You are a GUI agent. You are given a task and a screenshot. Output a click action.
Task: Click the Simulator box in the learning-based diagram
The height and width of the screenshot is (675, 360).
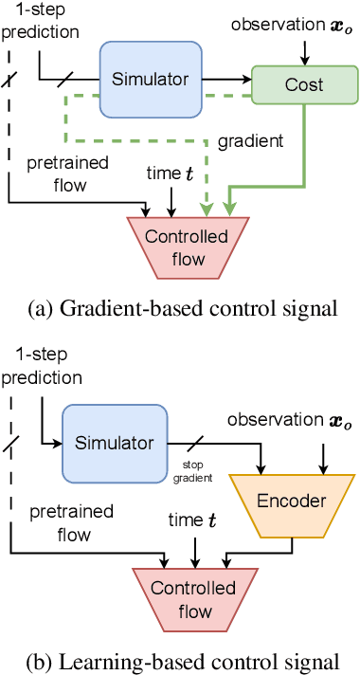(x=113, y=443)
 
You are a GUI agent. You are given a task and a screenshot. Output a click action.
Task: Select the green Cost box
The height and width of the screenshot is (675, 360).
(x=304, y=85)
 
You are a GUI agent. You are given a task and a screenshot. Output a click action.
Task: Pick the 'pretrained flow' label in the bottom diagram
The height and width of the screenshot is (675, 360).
(x=70, y=524)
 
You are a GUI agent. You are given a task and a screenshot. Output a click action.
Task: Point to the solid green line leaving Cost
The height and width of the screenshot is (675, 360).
(x=304, y=152)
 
